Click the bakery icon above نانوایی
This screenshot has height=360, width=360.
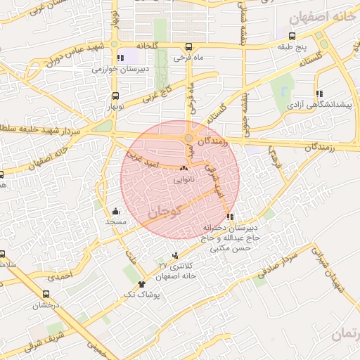pos(184,168)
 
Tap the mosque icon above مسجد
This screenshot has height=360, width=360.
pos(115,210)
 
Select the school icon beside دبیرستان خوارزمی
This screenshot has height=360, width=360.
pos(121,58)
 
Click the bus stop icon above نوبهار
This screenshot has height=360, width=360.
pos(115,98)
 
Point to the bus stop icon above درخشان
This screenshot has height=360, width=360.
pos(46,295)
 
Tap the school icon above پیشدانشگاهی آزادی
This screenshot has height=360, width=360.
pos(319,93)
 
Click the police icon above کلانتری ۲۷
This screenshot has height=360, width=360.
pos(174,255)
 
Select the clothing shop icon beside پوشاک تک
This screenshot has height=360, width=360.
pos(141,285)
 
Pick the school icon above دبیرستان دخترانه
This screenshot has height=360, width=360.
pos(230,217)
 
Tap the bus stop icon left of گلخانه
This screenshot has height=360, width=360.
pos(124,46)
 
